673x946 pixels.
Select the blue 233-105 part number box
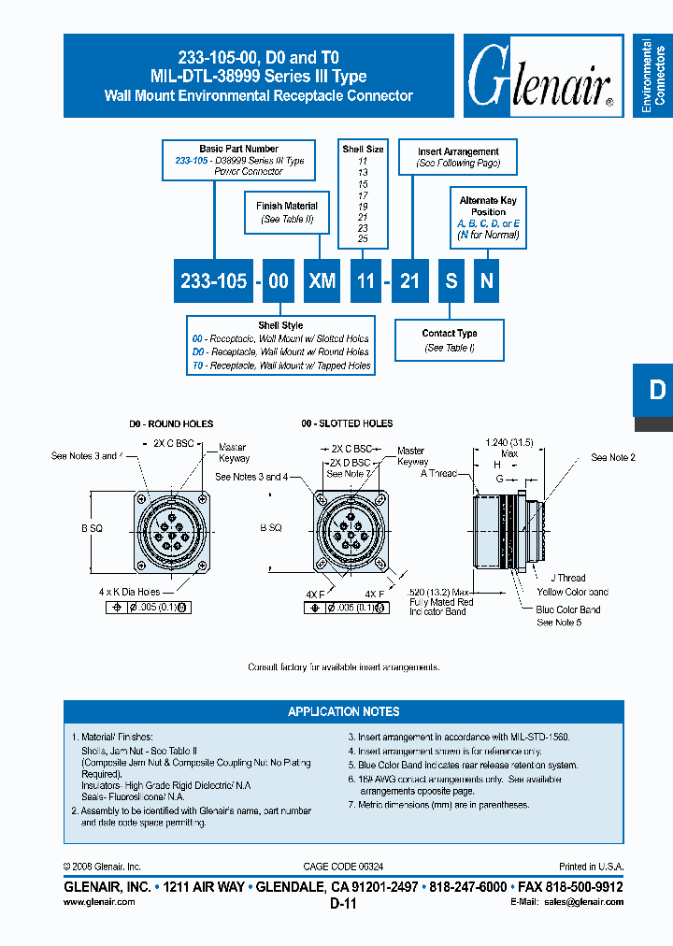pos(212,280)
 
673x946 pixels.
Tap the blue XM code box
pos(322,280)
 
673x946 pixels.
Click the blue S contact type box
pos(451,280)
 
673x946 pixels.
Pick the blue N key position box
pos(484,280)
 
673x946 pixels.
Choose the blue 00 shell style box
pos(278,280)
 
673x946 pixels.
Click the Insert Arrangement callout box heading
pos(458,150)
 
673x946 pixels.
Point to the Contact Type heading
pos(450,333)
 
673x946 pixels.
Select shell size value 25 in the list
pos(363,239)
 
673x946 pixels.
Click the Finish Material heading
pos(287,206)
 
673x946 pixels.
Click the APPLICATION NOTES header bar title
pos(343,711)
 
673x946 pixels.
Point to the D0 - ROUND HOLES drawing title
pos(171,423)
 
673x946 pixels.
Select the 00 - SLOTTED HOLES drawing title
pos(347,423)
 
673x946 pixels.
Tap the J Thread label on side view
pos(567,578)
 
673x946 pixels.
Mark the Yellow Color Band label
pos(573,592)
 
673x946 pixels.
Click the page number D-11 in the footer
pos(343,904)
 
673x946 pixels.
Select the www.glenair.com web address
pos(99,902)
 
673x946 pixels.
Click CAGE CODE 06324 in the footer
pos(343,867)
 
